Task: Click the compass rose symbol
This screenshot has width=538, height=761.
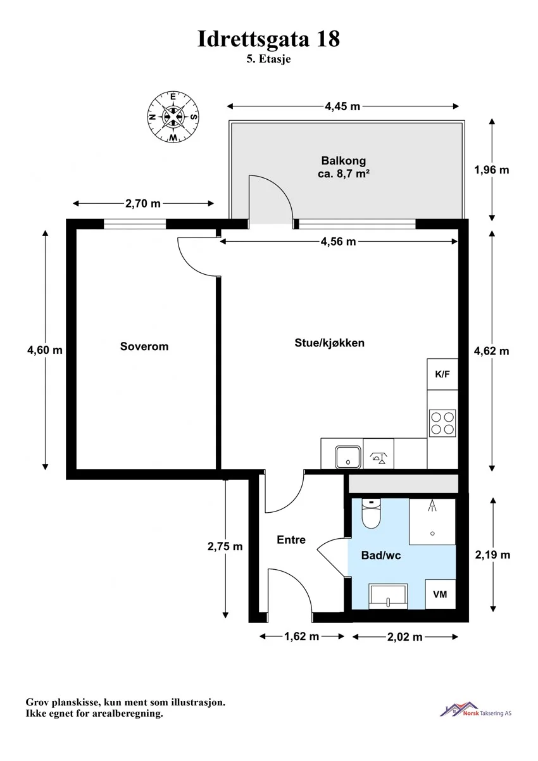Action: click(173, 117)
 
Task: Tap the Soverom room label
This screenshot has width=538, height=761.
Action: click(144, 346)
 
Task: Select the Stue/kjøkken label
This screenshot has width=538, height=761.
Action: click(330, 343)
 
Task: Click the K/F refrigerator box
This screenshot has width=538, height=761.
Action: click(442, 374)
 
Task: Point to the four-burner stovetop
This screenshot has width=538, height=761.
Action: click(442, 423)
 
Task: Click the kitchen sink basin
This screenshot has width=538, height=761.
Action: click(347, 457)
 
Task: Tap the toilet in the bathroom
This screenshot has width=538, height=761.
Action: click(371, 513)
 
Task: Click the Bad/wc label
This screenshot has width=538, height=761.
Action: click(381, 555)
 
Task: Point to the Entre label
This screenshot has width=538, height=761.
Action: click(291, 539)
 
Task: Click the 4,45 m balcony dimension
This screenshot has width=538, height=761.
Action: click(342, 106)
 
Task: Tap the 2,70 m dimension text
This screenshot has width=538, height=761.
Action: click(143, 203)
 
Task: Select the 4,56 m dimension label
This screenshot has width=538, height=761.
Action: click(338, 242)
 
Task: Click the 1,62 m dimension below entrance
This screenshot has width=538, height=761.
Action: click(302, 636)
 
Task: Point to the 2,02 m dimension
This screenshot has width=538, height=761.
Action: click(405, 637)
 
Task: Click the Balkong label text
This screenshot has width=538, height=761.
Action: click(344, 160)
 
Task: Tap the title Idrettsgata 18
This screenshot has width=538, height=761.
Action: click(268, 39)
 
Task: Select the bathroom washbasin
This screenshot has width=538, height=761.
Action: click(388, 596)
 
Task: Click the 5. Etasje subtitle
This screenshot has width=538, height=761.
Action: click(268, 60)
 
